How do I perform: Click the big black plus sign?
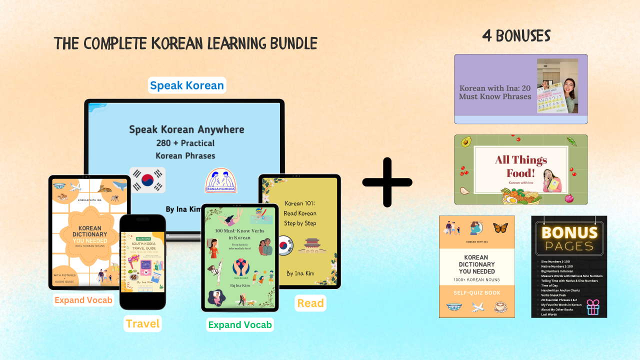(387, 182)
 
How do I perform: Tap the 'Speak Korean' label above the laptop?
(187, 85)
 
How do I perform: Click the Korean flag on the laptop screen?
(147, 180)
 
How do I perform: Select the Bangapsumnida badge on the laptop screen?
(221, 180)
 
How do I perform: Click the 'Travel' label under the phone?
(142, 323)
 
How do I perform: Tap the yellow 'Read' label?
(310, 303)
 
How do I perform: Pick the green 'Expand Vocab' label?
(240, 324)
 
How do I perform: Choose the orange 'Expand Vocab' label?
(83, 300)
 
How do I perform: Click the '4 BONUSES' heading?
(516, 36)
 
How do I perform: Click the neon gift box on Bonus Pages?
(592, 306)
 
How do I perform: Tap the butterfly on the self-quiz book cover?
(500, 228)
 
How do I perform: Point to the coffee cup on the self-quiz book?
(500, 306)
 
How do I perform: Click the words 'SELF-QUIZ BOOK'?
(476, 292)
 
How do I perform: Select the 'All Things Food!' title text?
(521, 166)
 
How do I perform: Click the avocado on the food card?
(466, 142)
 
